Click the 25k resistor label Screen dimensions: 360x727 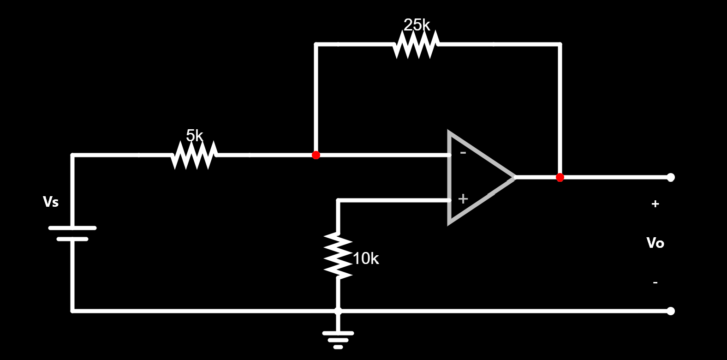click(x=417, y=25)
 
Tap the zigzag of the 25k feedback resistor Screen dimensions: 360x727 click(x=416, y=45)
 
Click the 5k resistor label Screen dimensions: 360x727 click(x=194, y=136)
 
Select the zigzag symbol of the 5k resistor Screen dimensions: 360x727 click(x=194, y=156)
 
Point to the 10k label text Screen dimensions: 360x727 click(x=366, y=259)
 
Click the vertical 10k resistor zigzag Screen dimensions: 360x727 click(x=338, y=256)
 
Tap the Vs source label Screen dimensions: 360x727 click(x=51, y=202)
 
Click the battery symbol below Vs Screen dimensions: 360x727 click(x=72, y=234)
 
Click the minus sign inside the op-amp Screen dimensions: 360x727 click(x=463, y=153)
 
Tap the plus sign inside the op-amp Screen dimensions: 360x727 click(x=463, y=199)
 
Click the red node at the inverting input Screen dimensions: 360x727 click(x=316, y=155)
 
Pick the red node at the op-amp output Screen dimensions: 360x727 click(x=560, y=177)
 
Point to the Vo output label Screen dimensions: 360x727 click(x=655, y=243)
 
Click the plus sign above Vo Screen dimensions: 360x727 click(x=655, y=204)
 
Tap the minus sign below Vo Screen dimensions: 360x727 click(x=655, y=282)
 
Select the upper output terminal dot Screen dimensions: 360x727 click(x=671, y=177)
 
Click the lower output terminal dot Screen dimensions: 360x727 click(x=671, y=311)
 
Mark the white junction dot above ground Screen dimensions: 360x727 click(x=338, y=311)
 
